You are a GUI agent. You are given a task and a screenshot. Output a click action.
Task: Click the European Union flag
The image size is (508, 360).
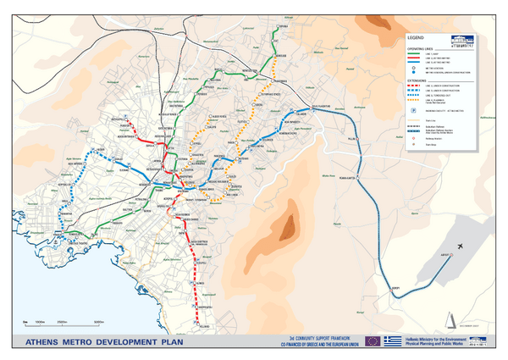click(373, 341)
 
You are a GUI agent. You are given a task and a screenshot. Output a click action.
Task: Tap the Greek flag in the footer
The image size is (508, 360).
click(390, 341)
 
